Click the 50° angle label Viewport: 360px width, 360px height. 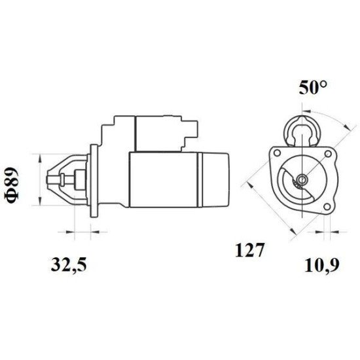[x=313, y=88]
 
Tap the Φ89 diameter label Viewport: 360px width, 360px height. [x=11, y=185]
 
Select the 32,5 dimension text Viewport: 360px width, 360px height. [x=69, y=265]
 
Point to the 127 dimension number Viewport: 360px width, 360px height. [x=249, y=250]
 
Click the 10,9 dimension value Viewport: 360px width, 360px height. [x=322, y=265]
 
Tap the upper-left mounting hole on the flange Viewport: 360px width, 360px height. [x=278, y=153]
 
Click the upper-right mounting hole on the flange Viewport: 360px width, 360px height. [x=328, y=154]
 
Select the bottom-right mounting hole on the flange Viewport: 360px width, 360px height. [x=327, y=207]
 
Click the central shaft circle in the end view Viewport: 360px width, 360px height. [x=302, y=179]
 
